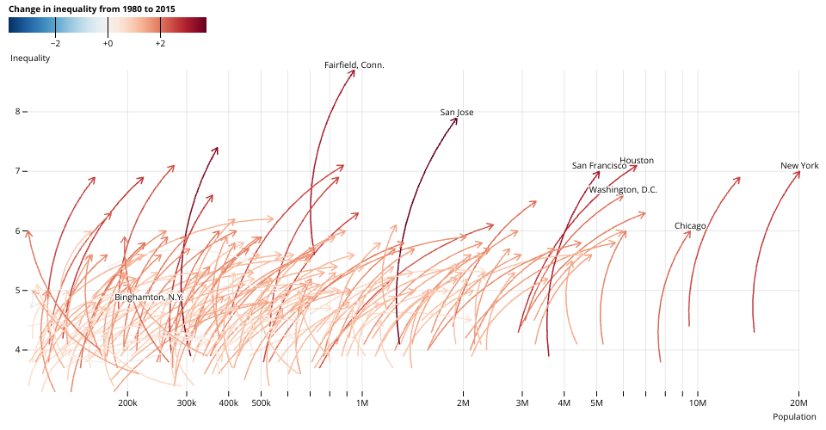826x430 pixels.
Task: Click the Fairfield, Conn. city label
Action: pyautogui.click(x=354, y=64)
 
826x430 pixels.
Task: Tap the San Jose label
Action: pyautogui.click(x=457, y=112)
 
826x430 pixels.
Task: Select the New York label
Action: pyautogui.click(x=799, y=165)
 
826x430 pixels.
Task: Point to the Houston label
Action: pyautogui.click(x=637, y=160)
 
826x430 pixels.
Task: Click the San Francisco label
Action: pyautogui.click(x=600, y=165)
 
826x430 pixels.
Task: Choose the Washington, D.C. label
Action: pyautogui.click(x=623, y=189)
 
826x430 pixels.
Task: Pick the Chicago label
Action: pyautogui.click(x=690, y=225)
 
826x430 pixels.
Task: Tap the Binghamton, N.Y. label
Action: pyautogui.click(x=149, y=297)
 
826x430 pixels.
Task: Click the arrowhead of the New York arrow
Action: pyautogui.click(x=799, y=171)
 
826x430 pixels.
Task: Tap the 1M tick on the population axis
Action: pyautogui.click(x=362, y=402)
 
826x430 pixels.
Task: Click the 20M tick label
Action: pyautogui.click(x=799, y=402)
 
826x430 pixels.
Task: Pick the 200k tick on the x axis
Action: pyautogui.click(x=127, y=402)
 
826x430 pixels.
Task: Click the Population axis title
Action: pyautogui.click(x=793, y=417)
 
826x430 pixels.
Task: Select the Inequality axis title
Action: pyautogui.click(x=29, y=58)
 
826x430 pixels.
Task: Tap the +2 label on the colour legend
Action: pyautogui.click(x=160, y=42)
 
